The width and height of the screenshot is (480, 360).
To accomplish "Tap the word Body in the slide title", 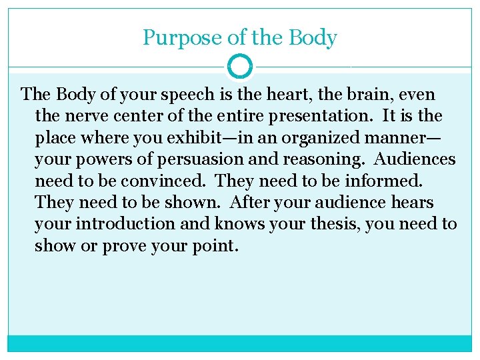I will coord(312,39).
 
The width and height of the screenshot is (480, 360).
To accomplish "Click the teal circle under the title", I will coord(240,67).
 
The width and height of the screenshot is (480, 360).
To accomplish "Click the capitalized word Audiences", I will coord(415,159).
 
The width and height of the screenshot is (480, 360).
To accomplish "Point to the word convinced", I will coord(171,181).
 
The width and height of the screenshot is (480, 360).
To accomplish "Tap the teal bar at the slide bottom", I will coord(240,343).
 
